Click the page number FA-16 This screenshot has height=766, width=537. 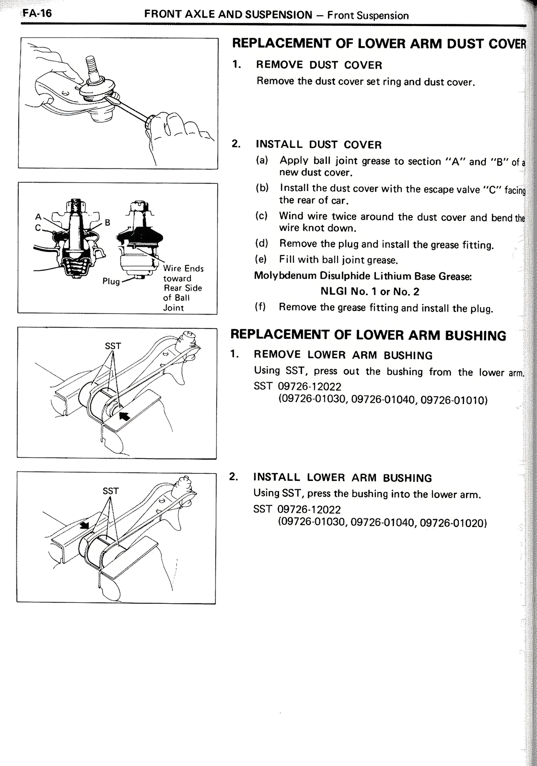click(x=37, y=13)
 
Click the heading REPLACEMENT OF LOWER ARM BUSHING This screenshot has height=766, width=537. click(x=368, y=335)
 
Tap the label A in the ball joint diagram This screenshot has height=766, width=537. click(x=38, y=217)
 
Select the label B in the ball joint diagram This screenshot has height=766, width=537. click(x=107, y=223)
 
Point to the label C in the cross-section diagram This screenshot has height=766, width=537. click(x=38, y=227)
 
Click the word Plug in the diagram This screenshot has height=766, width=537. click(x=111, y=281)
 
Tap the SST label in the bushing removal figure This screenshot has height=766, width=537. click(x=113, y=346)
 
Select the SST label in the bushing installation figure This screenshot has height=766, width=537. click(x=111, y=491)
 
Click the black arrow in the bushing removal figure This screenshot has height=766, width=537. click(x=125, y=416)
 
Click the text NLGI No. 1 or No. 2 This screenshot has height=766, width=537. click(x=370, y=291)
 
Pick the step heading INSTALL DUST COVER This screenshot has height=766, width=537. click(x=318, y=145)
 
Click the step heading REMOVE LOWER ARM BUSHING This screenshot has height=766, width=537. click(x=343, y=355)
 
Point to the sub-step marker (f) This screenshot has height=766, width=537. click(x=261, y=307)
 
